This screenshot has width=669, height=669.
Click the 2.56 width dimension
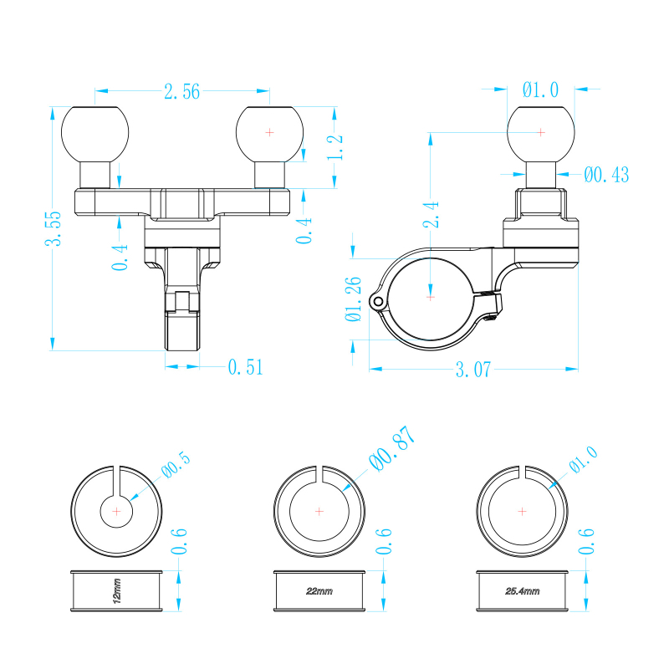point(181,92)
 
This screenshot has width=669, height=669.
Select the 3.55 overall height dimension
point(54,228)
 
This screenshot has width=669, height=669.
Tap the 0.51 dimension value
point(245,367)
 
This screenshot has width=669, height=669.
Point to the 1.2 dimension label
point(335,147)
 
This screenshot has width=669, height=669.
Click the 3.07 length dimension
point(473,370)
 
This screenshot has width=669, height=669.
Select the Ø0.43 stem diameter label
point(606,175)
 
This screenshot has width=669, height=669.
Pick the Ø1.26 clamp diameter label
point(354,299)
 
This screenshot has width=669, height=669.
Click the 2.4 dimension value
point(431,215)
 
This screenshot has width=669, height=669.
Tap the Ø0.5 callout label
point(176,465)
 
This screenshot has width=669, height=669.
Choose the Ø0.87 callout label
point(392,448)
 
